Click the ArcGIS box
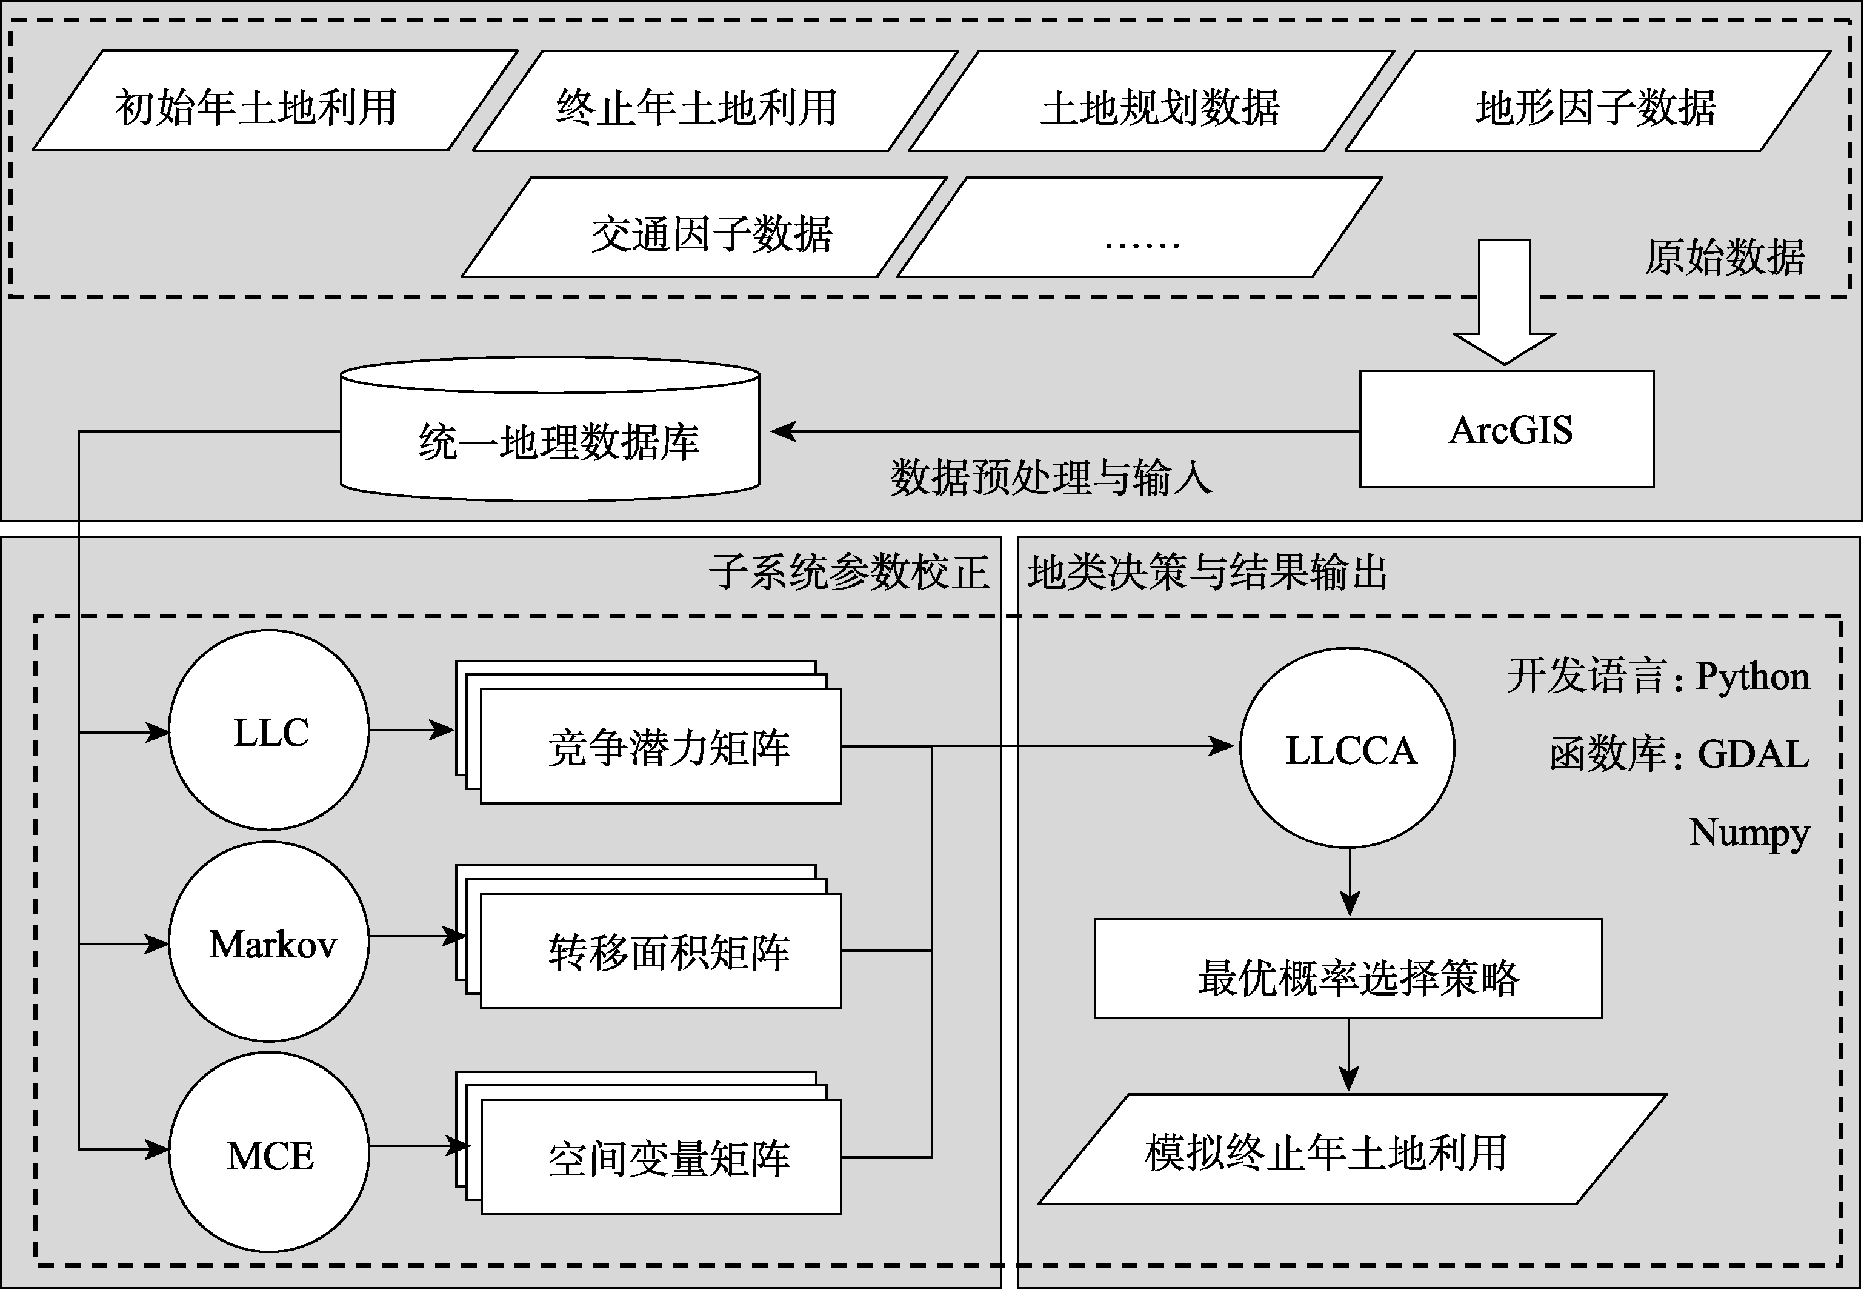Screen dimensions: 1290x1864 (1506, 428)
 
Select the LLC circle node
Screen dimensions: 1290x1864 (269, 730)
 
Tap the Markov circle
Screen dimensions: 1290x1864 (269, 942)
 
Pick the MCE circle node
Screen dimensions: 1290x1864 (269, 1152)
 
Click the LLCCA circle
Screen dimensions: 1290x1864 (1348, 748)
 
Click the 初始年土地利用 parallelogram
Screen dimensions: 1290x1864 (275, 101)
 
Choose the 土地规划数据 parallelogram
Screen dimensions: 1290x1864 (1152, 101)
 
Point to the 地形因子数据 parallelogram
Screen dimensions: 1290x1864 (1588, 101)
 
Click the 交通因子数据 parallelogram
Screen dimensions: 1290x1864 (704, 228)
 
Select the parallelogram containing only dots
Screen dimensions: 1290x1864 (1140, 228)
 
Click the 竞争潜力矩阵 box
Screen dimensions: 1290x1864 (661, 746)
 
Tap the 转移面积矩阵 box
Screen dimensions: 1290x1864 (661, 951)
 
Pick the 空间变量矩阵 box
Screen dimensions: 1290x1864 (661, 1157)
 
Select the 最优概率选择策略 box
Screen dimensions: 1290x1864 (1348, 968)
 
